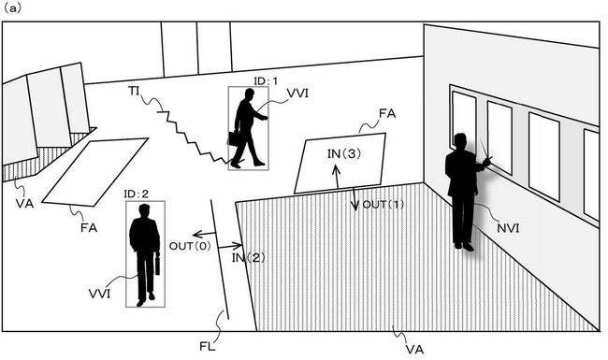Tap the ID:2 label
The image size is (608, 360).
[x=137, y=194]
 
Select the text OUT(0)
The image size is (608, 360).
[x=187, y=245]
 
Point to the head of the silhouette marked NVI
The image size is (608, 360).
[x=458, y=142]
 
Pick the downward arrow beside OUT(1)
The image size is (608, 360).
[x=354, y=201]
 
